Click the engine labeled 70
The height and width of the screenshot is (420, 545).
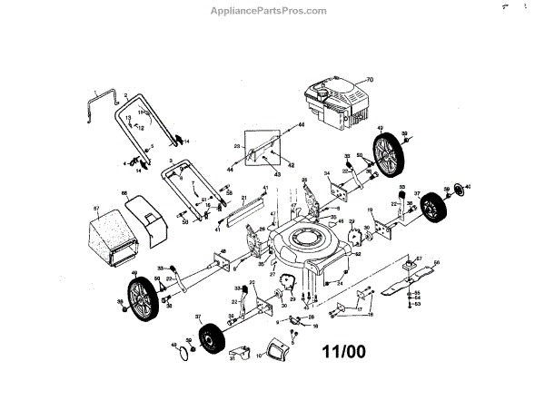click(x=337, y=103)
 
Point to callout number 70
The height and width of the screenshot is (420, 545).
click(x=371, y=81)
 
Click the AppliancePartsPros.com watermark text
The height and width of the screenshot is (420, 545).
click(x=274, y=11)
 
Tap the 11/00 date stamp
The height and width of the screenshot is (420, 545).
click(x=344, y=349)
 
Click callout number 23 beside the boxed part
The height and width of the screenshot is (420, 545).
click(x=236, y=146)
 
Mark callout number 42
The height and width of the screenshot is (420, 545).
click(x=292, y=165)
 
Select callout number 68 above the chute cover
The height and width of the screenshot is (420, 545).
click(x=124, y=192)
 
